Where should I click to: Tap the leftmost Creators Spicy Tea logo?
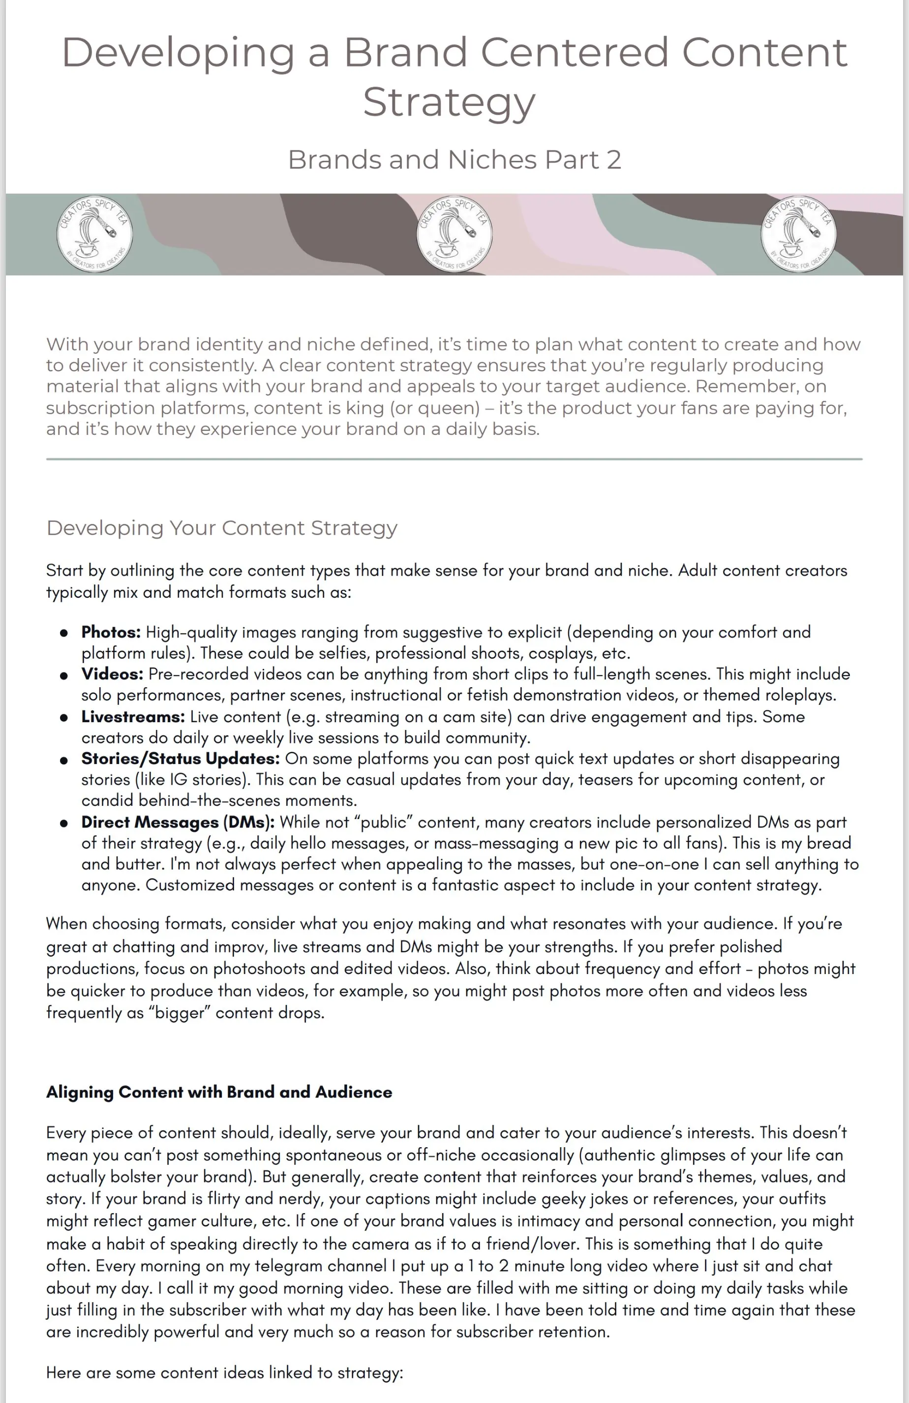[94, 234]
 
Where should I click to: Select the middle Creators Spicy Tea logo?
[454, 234]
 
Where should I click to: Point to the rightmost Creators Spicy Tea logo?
[798, 234]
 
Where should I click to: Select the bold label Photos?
[111, 632]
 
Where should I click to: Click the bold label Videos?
[112, 674]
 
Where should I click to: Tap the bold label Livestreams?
[133, 717]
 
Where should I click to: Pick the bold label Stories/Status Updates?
[181, 759]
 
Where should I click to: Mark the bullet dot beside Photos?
[63, 633]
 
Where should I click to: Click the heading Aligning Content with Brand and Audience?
[219, 1092]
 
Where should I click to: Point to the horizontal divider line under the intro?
[454, 458]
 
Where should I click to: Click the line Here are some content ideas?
[225, 1372]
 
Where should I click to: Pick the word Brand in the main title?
[407, 53]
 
